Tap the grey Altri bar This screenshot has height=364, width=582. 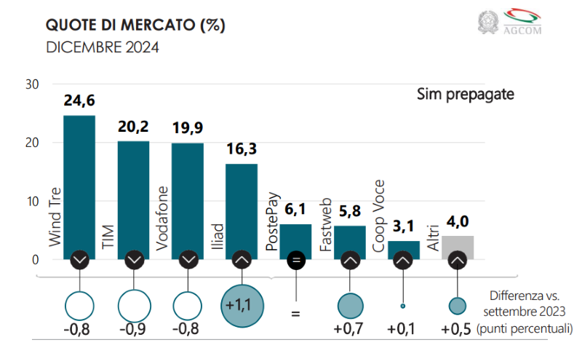pyautogui.click(x=458, y=248)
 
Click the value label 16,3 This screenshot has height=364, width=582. pyautogui.click(x=242, y=151)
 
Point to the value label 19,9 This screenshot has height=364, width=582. pyautogui.click(x=188, y=129)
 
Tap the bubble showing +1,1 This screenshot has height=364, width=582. pyautogui.click(x=242, y=306)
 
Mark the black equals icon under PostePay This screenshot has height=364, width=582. pyautogui.click(x=295, y=259)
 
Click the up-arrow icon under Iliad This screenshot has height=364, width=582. pyautogui.click(x=242, y=259)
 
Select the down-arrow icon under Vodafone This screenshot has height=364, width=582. pyautogui.click(x=188, y=259)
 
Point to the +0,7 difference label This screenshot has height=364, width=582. pyautogui.click(x=349, y=330)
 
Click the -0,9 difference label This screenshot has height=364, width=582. pyautogui.click(x=133, y=330)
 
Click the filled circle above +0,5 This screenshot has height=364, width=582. pyautogui.click(x=457, y=306)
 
